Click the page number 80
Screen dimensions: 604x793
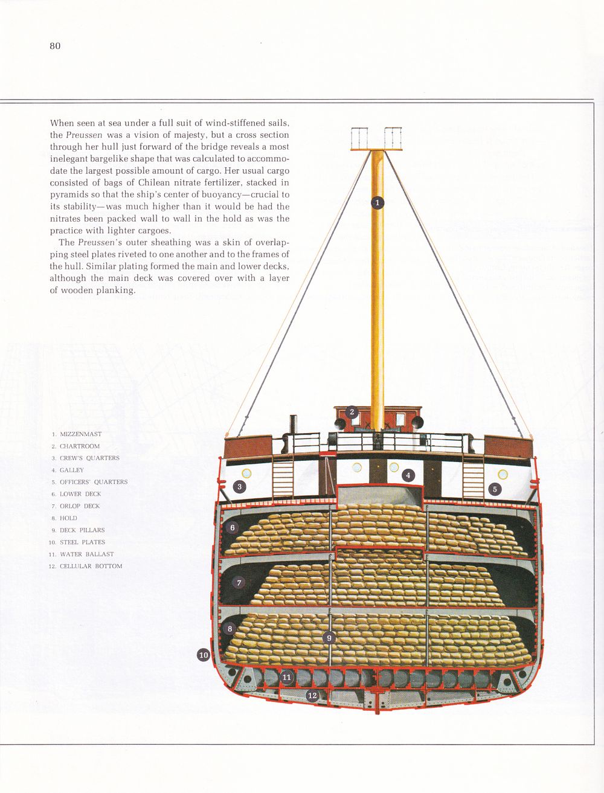[55, 46]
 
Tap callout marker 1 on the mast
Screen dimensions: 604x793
[377, 203]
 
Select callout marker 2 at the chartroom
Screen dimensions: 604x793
[352, 413]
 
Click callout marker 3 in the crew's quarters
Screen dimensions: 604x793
[240, 487]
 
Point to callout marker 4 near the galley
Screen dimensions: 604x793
[408, 475]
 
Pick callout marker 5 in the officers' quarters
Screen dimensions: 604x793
[495, 489]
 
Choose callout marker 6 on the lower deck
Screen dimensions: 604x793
[233, 527]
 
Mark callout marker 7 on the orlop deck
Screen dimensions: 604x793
[239, 583]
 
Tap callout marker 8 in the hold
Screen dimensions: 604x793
[230, 629]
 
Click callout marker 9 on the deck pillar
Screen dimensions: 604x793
[329, 638]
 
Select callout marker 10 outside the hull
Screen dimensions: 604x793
[204, 655]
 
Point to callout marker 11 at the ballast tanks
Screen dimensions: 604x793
[287, 678]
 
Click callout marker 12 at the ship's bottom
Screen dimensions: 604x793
[312, 696]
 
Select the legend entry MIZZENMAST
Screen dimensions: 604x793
[80, 434]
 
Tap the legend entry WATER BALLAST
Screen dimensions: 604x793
[86, 554]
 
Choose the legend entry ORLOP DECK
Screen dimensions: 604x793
[80, 506]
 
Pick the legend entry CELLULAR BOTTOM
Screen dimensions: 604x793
[91, 567]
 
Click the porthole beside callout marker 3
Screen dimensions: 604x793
[246, 474]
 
